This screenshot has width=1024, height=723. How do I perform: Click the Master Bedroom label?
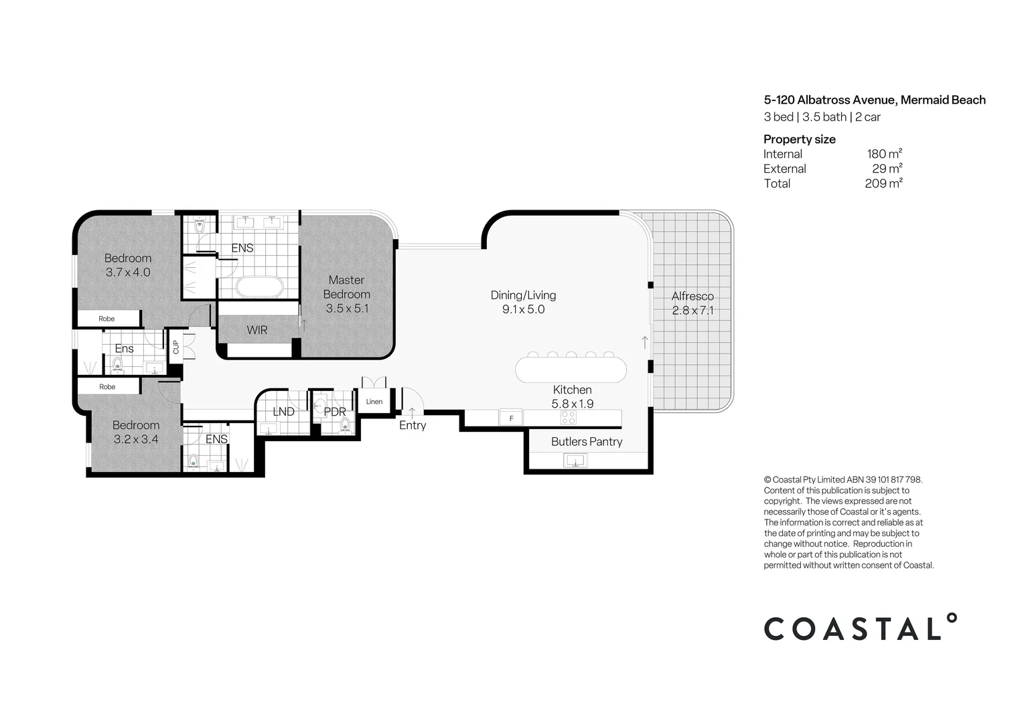tap(346, 287)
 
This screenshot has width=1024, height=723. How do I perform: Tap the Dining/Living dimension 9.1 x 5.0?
tap(523, 309)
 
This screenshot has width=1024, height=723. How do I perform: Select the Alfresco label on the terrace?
tap(692, 296)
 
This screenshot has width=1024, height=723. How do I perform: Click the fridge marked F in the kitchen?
tap(512, 418)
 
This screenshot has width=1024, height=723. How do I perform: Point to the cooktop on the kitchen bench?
tap(568, 418)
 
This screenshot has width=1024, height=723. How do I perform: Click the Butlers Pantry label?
tap(587, 441)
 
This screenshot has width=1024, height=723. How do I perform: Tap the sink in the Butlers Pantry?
tap(575, 460)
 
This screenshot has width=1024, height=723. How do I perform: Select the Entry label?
tap(413, 425)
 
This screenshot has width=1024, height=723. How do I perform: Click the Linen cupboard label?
tap(374, 402)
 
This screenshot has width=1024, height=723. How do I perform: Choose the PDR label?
tap(334, 412)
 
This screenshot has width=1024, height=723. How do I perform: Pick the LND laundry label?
tap(283, 411)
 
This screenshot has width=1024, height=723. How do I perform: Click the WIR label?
tap(257, 330)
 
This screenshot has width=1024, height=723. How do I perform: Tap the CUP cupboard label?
tap(176, 347)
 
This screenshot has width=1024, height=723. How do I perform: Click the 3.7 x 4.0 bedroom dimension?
tap(128, 272)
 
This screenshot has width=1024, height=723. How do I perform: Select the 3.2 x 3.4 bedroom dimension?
tap(136, 439)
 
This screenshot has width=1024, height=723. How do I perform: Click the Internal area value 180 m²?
tap(884, 154)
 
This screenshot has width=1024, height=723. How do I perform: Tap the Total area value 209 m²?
tap(883, 183)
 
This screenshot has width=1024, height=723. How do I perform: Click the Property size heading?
tap(799, 139)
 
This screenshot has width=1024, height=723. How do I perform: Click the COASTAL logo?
tap(860, 628)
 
